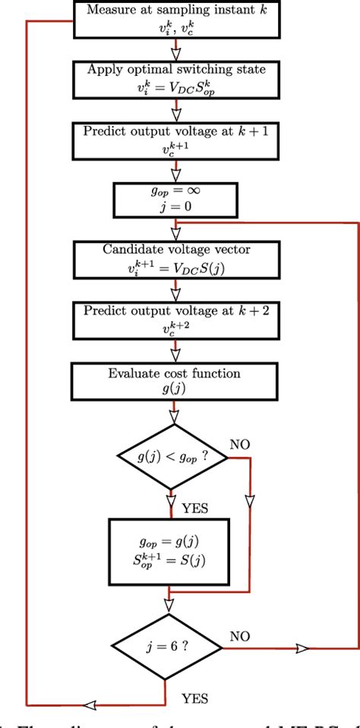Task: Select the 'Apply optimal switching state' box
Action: [176, 76]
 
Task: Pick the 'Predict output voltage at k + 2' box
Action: [176, 320]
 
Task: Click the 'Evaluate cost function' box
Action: [176, 380]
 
